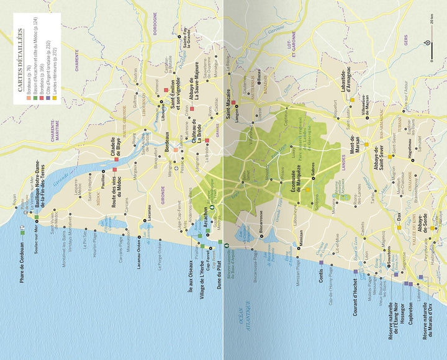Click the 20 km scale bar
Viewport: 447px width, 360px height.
[x=430, y=42]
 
